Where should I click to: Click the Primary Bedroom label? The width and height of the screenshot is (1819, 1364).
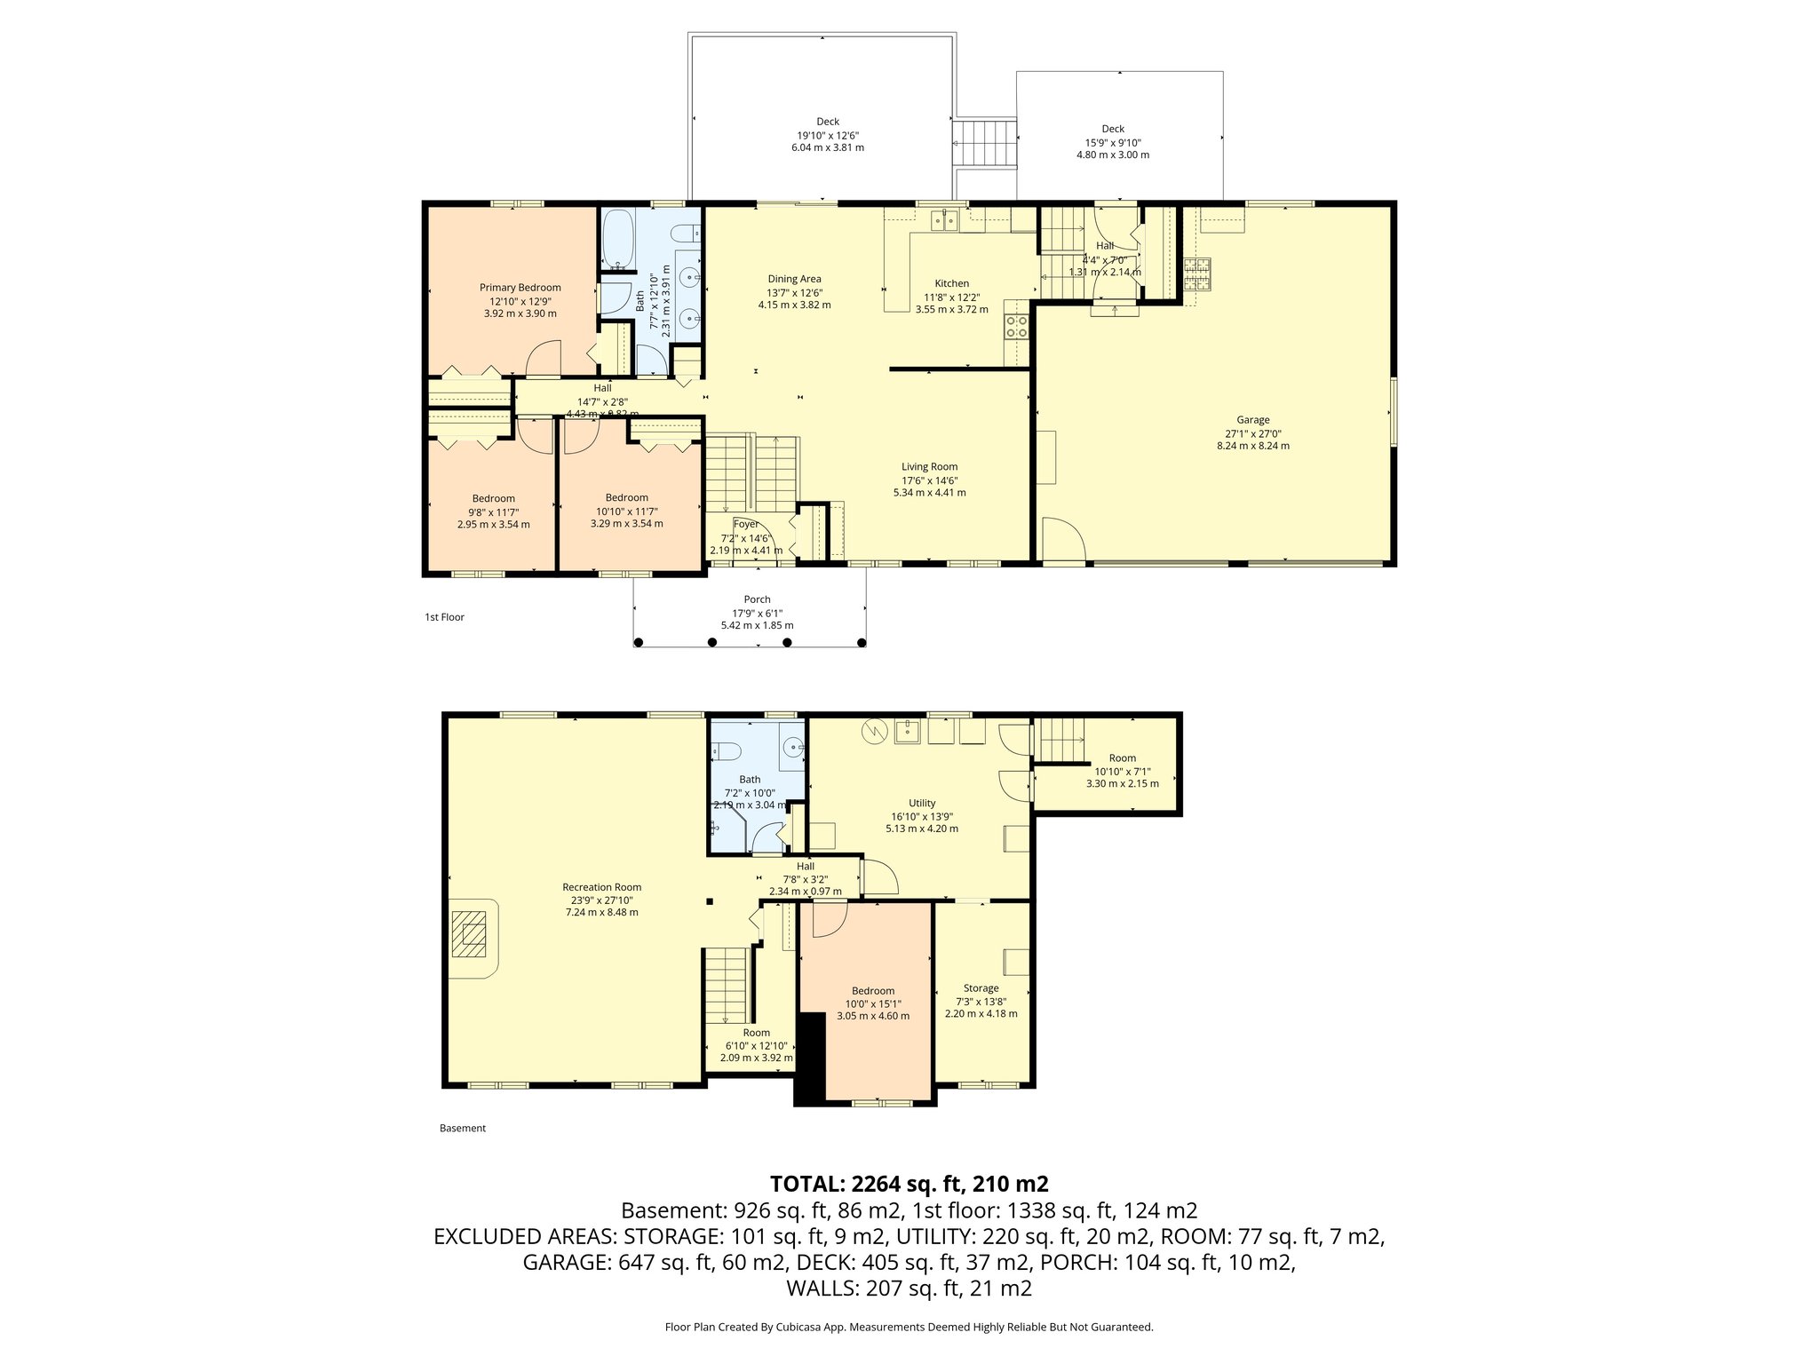[x=520, y=287]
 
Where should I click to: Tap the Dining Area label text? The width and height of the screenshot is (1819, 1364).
[x=794, y=279]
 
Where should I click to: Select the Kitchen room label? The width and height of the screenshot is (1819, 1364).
[x=951, y=283]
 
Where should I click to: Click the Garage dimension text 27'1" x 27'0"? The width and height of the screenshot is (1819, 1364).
[x=1252, y=433]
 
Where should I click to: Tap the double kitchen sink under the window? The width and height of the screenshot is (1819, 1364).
[x=944, y=220]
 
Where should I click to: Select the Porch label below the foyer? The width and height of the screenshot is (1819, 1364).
[x=757, y=599]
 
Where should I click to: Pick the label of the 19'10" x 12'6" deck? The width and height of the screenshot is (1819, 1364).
[x=827, y=122]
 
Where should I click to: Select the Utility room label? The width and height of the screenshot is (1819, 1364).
[x=922, y=803]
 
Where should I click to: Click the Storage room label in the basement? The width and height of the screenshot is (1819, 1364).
[x=981, y=987]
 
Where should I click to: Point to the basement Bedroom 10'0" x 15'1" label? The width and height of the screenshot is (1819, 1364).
[x=872, y=991]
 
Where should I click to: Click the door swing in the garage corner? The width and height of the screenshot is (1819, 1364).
[x=1062, y=541]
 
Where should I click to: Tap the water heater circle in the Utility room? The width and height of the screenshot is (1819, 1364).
[x=875, y=732]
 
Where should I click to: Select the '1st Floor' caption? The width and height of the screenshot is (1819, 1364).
[x=444, y=616]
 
